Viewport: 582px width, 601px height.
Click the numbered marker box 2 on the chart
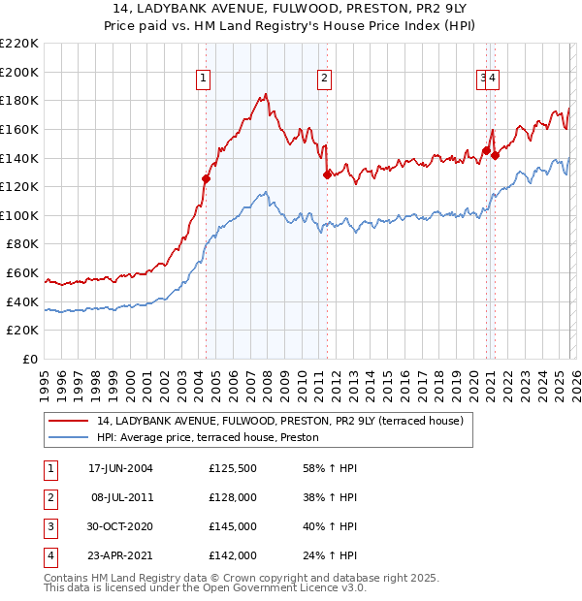[324, 79]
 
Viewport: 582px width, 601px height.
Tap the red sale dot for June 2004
[206, 178]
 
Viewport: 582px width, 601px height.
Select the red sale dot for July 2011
[327, 174]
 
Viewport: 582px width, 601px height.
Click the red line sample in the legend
[69, 421]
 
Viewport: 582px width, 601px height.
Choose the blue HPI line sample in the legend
[69, 437]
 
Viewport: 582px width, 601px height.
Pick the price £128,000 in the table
[233, 497]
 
